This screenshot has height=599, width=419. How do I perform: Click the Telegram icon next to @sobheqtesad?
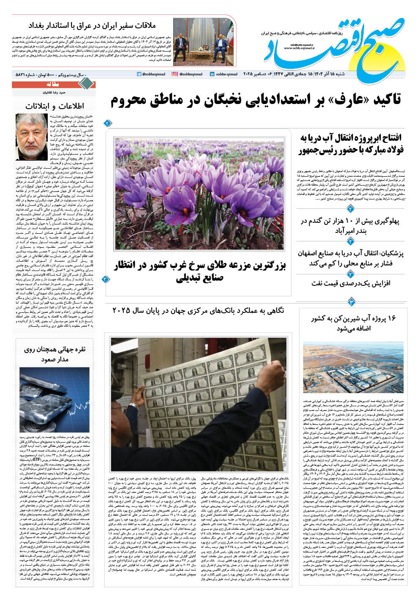(x=139, y=74)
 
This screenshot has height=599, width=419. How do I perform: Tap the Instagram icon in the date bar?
(x=174, y=74)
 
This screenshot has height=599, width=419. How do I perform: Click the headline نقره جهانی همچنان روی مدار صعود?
(x=54, y=354)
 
